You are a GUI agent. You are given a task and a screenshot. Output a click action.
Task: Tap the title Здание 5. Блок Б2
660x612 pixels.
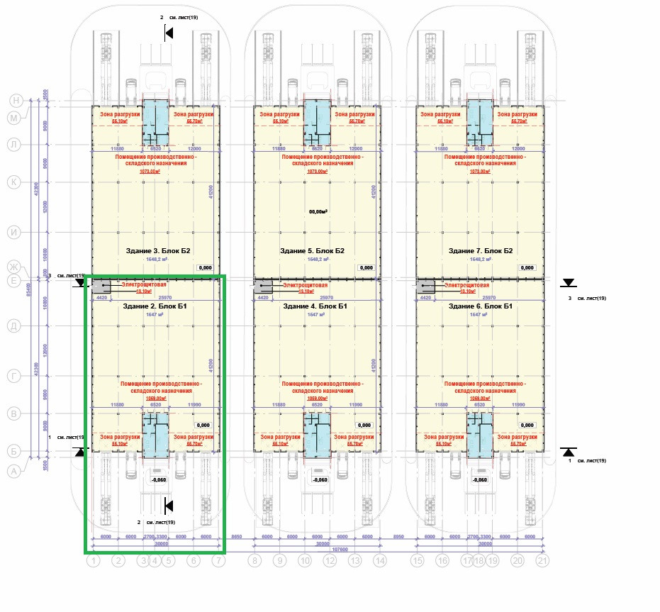tap(317, 250)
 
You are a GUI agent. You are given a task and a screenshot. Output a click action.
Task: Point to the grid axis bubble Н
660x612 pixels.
tap(13, 101)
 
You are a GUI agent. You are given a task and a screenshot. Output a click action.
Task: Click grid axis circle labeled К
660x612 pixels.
tap(13, 182)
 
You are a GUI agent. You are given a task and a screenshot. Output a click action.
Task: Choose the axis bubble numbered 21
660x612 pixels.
tap(543, 561)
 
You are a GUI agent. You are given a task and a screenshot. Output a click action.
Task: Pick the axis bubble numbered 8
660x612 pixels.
tap(255, 561)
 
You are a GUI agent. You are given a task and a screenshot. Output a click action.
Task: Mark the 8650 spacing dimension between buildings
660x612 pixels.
tap(237, 538)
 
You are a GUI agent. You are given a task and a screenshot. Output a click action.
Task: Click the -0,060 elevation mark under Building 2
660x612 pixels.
tap(159, 479)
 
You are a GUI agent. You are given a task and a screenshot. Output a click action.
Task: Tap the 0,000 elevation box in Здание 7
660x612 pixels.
tap(527, 268)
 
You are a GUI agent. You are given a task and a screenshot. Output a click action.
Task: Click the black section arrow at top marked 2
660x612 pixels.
tap(169, 33)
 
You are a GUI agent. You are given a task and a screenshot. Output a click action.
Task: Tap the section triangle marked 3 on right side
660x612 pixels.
tap(568, 283)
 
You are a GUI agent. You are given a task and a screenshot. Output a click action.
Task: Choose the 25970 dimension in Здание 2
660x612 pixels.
tap(166, 298)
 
